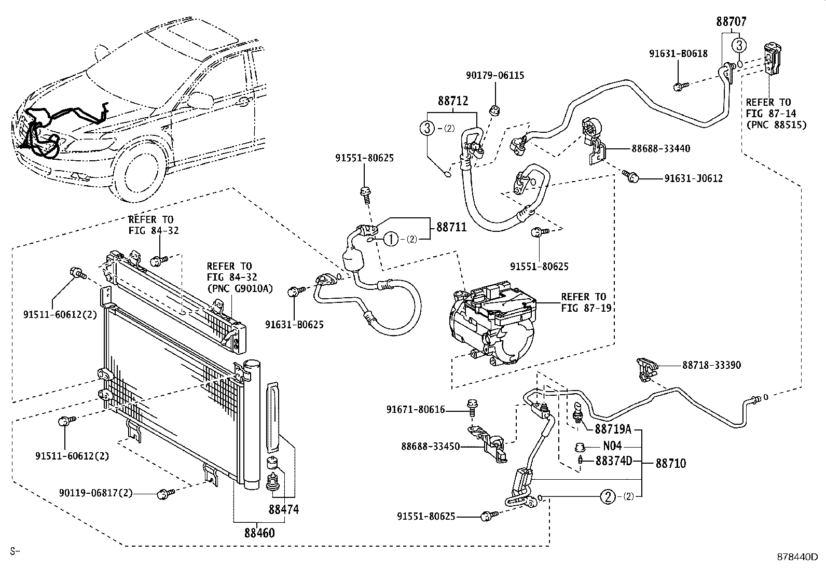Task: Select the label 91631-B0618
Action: tap(678, 53)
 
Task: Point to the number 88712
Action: tap(452, 101)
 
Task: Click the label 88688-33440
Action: tap(660, 149)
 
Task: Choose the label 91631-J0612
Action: tap(693, 178)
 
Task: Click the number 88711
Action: tap(451, 227)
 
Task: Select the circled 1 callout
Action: tap(391, 239)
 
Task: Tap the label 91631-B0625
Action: tap(294, 325)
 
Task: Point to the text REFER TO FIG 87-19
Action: tap(586, 302)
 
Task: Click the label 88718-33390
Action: tap(711, 365)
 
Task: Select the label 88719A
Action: tap(612, 429)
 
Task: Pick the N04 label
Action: tap(612, 446)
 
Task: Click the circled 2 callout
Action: tap(608, 497)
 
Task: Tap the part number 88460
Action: tap(259, 533)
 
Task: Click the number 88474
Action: tap(283, 510)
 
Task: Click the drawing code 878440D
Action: tap(796, 557)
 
